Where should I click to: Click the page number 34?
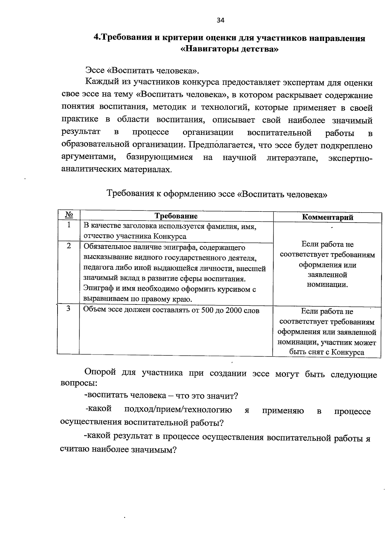220,20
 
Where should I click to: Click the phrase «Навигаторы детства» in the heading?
229,50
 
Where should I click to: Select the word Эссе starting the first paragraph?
95,71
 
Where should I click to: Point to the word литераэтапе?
292,158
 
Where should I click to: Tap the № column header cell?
69,215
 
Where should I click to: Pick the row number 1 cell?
69,225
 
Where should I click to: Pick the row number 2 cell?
69,246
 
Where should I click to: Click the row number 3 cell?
69,309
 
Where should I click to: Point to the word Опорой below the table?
100,373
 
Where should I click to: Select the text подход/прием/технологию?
178,410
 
